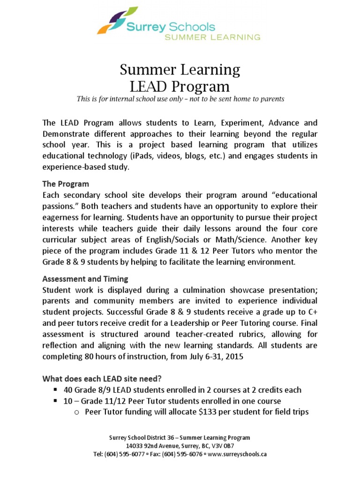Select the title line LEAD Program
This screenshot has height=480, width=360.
pyautogui.click(x=180, y=87)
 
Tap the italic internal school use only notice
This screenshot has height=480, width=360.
pyautogui.click(x=180, y=99)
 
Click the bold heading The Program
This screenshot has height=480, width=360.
pyautogui.click(x=66, y=183)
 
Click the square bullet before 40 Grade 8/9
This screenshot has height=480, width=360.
pyautogui.click(x=55, y=390)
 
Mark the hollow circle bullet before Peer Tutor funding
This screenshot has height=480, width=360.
pyautogui.click(x=78, y=412)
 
